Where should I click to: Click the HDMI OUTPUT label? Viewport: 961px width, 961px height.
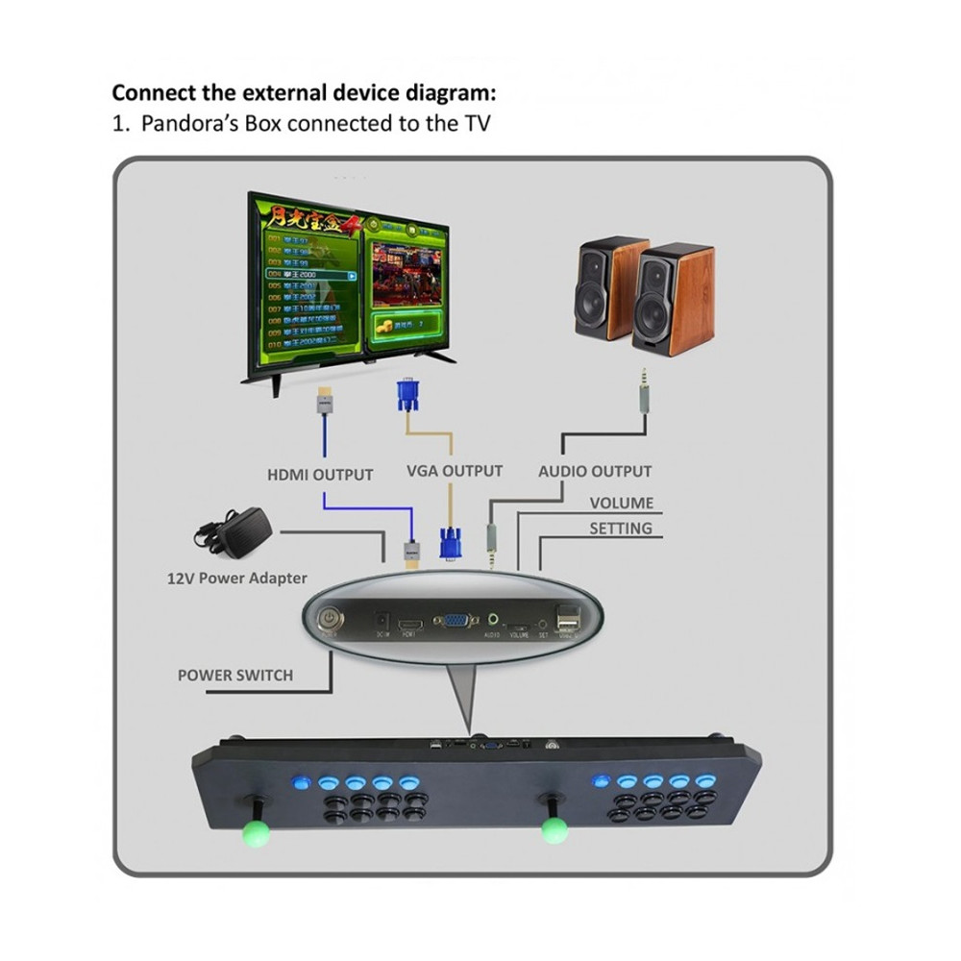(320, 474)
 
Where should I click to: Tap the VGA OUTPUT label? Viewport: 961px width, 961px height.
(455, 471)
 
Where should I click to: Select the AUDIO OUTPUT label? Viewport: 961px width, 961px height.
(595, 471)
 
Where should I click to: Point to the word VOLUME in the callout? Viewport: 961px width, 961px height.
(621, 503)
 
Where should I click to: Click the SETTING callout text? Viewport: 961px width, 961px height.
(620, 528)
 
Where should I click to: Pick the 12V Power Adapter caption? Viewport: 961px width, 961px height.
(236, 578)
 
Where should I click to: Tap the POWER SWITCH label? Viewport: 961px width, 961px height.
(235, 675)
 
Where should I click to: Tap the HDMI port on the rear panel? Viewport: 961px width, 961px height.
(412, 622)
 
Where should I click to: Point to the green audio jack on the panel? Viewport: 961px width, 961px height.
(495, 621)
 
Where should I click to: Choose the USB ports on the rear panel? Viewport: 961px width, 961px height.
(567, 617)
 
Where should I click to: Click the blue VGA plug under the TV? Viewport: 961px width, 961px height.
(407, 395)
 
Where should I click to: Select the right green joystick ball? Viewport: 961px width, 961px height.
(553, 829)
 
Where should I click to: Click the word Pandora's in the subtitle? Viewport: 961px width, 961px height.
(185, 123)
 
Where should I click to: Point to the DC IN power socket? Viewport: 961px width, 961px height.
(382, 621)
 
